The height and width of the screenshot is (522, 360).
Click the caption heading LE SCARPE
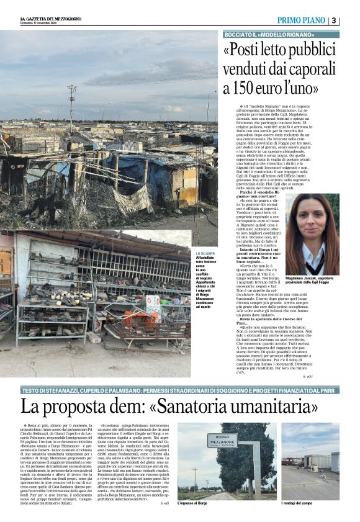205,254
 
